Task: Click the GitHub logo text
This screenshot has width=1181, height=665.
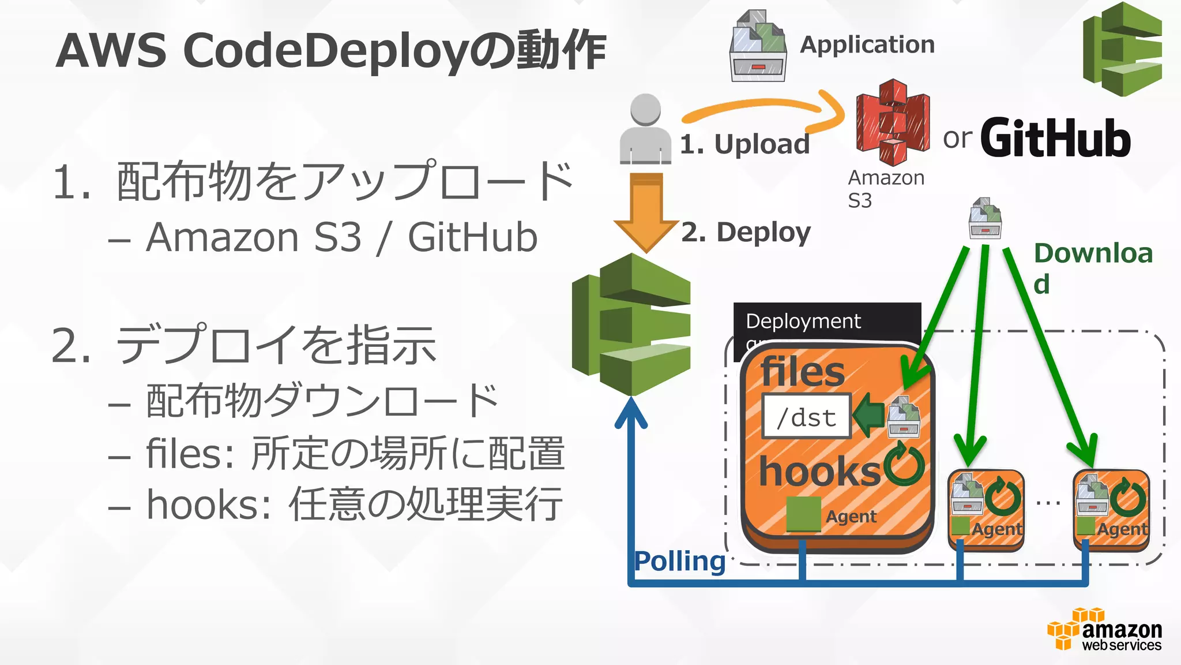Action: (1055, 139)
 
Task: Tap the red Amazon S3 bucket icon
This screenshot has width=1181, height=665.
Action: (893, 122)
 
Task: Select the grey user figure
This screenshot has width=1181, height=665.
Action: (645, 130)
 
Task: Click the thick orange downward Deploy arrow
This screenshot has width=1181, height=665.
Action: (646, 211)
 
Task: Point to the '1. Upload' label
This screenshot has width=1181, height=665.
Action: (744, 144)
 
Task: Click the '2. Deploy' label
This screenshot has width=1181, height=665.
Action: (746, 233)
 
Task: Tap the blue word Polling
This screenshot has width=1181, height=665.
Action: (679, 561)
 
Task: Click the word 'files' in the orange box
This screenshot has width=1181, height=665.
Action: (802, 372)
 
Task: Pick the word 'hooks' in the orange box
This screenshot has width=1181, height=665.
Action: (819, 472)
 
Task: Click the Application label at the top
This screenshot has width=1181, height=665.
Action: (867, 45)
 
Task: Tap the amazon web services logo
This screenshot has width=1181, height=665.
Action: (1104, 630)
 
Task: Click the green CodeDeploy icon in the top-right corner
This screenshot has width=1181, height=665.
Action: (1122, 49)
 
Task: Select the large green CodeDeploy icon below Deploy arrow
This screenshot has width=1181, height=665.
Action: (632, 325)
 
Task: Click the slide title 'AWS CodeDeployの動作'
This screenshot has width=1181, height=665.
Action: (331, 51)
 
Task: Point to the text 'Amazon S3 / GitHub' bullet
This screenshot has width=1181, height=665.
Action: (341, 237)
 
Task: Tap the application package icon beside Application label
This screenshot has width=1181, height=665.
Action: (758, 46)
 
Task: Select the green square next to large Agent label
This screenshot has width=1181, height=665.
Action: (803, 513)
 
